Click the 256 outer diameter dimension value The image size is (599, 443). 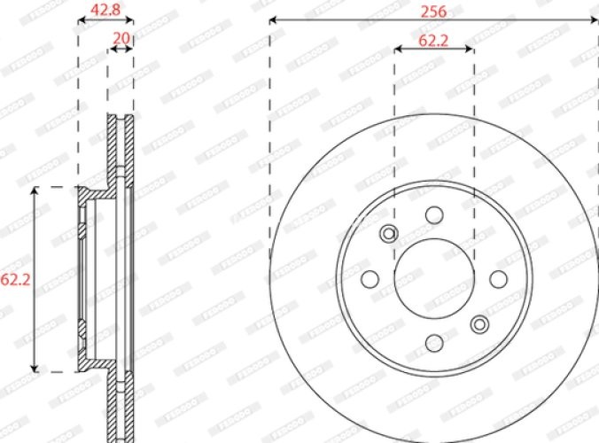point(433,12)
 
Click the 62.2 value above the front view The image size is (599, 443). point(433,40)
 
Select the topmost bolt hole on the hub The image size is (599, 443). point(433,215)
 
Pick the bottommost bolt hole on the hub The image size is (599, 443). point(433,342)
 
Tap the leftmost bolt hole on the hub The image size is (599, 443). point(370,279)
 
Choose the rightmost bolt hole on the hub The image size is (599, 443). point(497,279)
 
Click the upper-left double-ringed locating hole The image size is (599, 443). point(387,233)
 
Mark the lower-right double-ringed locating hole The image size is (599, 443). point(479,323)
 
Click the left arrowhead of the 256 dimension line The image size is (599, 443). point(274,19)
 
